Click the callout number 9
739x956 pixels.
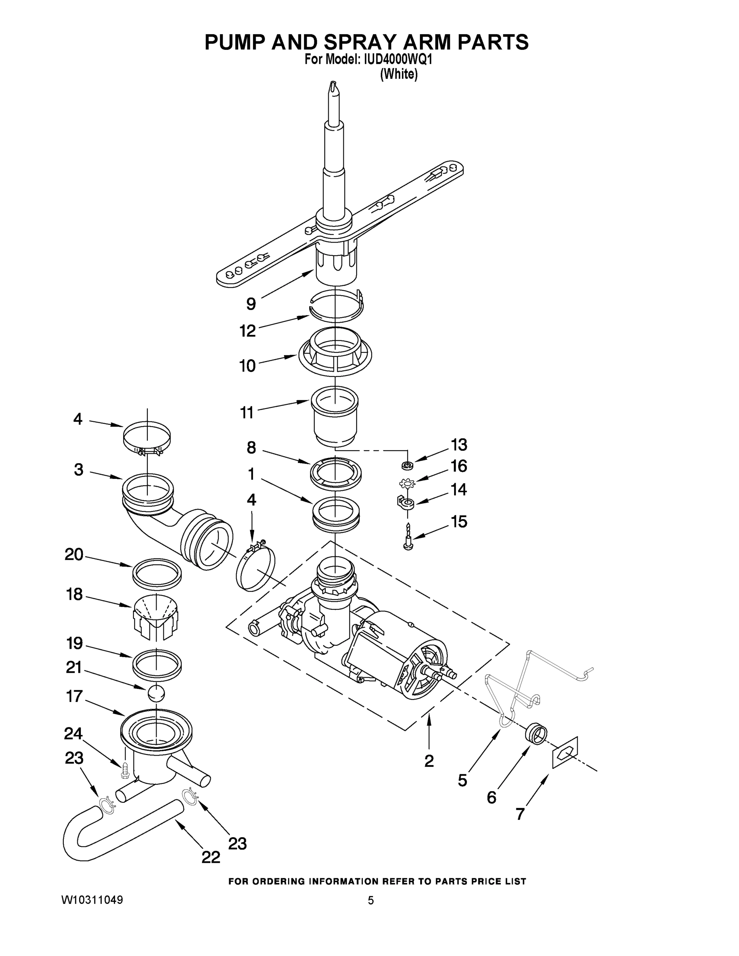coord(251,304)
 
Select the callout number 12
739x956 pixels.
coord(247,331)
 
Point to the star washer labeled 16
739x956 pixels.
coord(407,484)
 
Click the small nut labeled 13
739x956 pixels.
coord(408,464)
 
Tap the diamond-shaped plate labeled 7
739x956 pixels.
coord(565,752)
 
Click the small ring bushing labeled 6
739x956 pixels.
coord(536,732)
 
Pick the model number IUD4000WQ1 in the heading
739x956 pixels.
coord(397,60)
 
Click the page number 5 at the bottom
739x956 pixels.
coord(371,900)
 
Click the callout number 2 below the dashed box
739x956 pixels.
coord(429,761)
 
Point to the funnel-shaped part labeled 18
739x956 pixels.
coord(155,617)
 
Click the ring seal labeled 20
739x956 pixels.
coord(157,572)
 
